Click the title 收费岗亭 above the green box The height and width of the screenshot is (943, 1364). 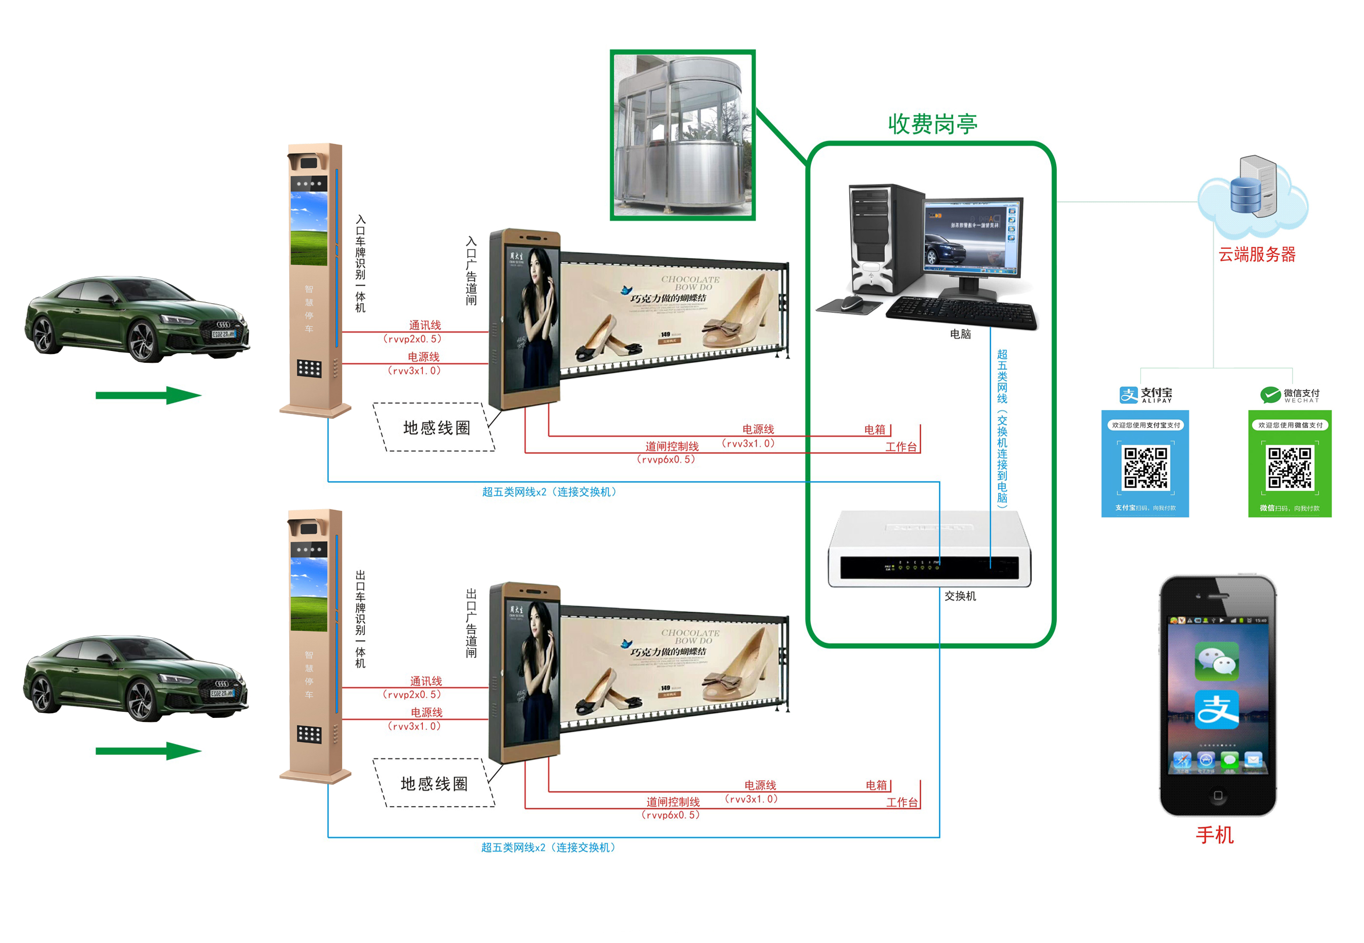pyautogui.click(x=931, y=124)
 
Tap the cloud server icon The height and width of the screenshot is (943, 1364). pyautogui.click(x=1253, y=192)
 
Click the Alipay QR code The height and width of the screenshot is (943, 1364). pyautogui.click(x=1145, y=468)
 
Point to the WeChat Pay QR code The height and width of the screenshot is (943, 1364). pyautogui.click(x=1289, y=468)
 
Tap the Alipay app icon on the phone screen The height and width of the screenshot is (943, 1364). pyautogui.click(x=1217, y=710)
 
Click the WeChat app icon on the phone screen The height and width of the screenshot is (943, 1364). pyautogui.click(x=1217, y=660)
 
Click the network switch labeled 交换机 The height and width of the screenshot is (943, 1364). pyautogui.click(x=930, y=549)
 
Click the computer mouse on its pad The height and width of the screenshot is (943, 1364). pyautogui.click(x=851, y=303)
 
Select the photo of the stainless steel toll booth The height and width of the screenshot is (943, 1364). pyautogui.click(x=682, y=135)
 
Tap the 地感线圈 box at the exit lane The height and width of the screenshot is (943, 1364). pyautogui.click(x=435, y=784)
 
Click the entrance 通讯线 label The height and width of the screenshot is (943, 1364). pyautogui.click(x=425, y=325)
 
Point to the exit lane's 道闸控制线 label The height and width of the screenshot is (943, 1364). pyautogui.click(x=672, y=802)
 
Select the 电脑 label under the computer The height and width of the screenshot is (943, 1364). pyautogui.click(x=960, y=334)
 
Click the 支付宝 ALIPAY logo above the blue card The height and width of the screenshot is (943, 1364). pyautogui.click(x=1146, y=395)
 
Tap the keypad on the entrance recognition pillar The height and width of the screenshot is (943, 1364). pyautogui.click(x=309, y=368)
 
